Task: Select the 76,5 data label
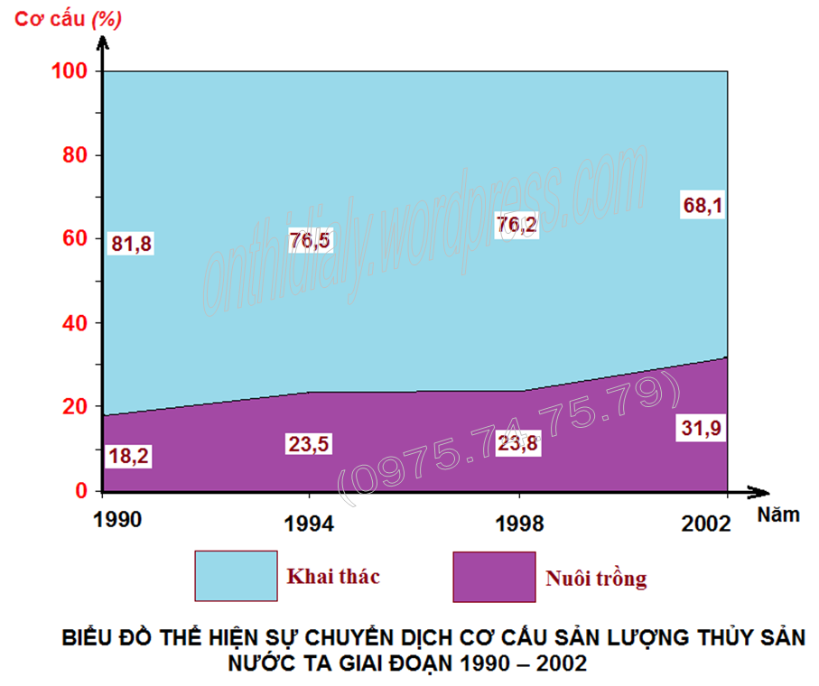pyautogui.click(x=311, y=240)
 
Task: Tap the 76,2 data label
pyautogui.click(x=516, y=224)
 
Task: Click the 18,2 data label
pyautogui.click(x=128, y=456)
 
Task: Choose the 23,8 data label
pyautogui.click(x=517, y=443)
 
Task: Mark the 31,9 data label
pyautogui.click(x=702, y=429)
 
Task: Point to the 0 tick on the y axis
pyautogui.click(x=81, y=491)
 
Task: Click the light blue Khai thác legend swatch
pyautogui.click(x=236, y=576)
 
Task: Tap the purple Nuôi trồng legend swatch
pyautogui.click(x=494, y=577)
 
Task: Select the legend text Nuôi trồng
pyautogui.click(x=596, y=578)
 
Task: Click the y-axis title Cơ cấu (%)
pyautogui.click(x=69, y=18)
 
